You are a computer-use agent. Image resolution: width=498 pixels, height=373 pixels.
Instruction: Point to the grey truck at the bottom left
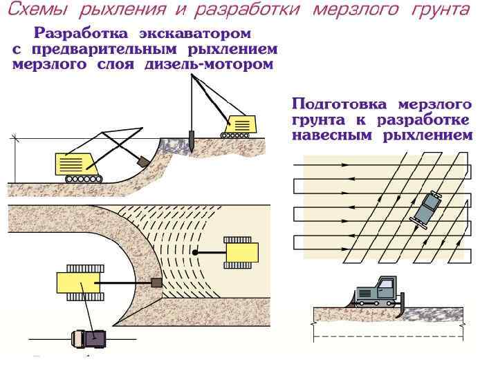pyautogui.click(x=87, y=337)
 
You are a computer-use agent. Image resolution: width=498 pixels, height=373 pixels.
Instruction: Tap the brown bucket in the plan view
pyautogui.click(x=156, y=283)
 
